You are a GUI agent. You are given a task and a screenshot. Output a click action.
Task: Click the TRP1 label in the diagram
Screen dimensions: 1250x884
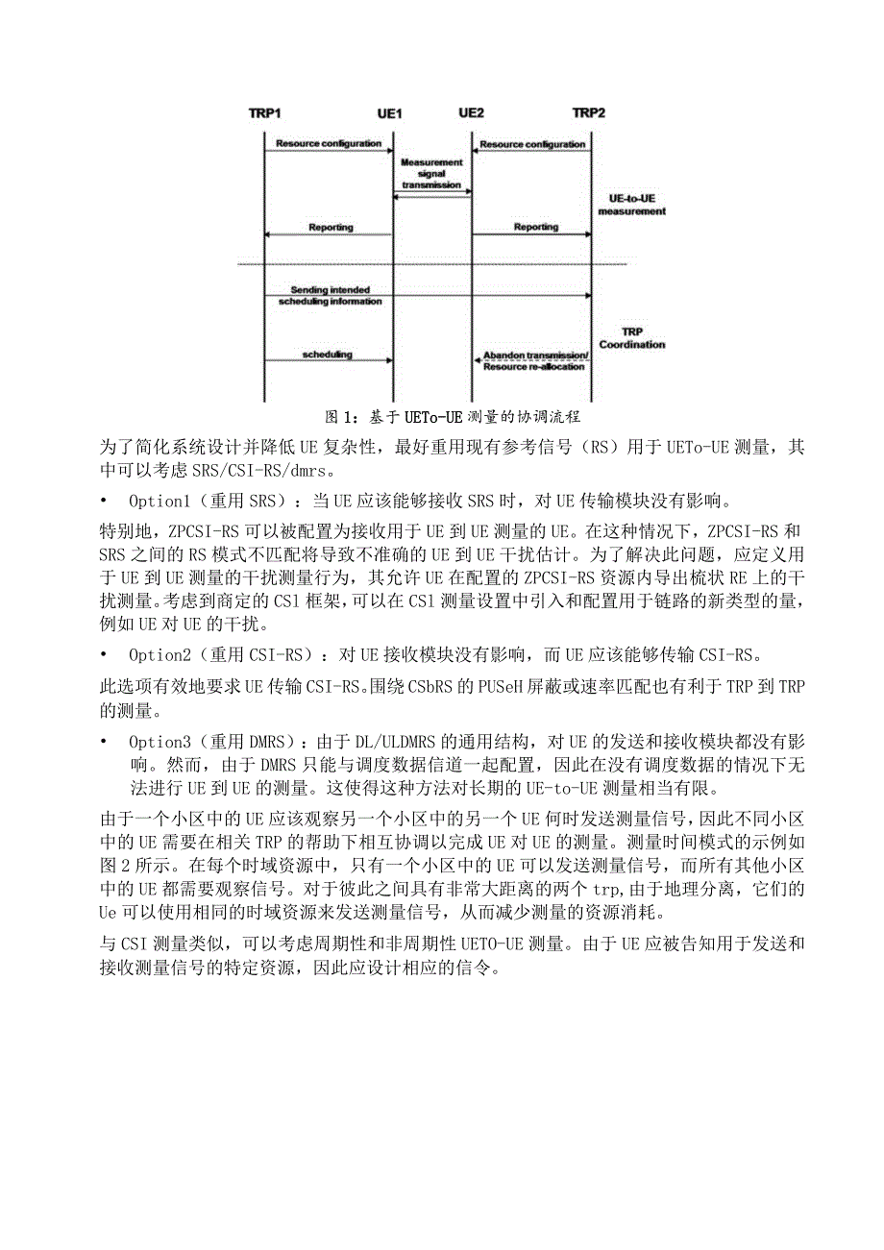tap(264, 113)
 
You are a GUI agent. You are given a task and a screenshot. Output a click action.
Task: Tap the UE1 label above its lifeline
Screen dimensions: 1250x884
tap(388, 113)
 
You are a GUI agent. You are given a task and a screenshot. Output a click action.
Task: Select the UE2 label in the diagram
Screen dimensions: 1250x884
tap(471, 112)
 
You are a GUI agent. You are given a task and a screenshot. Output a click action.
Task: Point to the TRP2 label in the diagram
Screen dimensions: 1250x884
tap(589, 112)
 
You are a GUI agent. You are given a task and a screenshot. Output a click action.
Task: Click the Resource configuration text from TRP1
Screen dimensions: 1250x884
tap(329, 144)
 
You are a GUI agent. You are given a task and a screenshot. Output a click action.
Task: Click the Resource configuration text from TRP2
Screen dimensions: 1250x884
tap(532, 144)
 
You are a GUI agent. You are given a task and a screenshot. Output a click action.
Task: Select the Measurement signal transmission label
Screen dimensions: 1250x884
tap(431, 174)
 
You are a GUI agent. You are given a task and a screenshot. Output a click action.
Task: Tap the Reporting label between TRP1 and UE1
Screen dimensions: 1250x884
tap(331, 228)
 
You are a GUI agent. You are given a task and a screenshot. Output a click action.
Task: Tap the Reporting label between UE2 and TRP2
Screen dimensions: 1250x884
tap(536, 228)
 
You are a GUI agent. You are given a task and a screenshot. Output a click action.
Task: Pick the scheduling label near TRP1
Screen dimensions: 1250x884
tap(328, 355)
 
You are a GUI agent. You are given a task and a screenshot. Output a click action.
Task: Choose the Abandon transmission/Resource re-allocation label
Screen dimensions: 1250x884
tap(535, 361)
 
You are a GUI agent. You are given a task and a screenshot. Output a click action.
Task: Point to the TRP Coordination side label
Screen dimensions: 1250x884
tap(631, 337)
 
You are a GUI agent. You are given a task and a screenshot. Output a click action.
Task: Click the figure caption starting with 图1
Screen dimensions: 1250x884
tap(453, 417)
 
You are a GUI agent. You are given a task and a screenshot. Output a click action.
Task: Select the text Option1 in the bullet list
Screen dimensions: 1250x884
tap(159, 502)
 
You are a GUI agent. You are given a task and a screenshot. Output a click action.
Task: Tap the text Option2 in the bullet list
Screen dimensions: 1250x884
tap(159, 654)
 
